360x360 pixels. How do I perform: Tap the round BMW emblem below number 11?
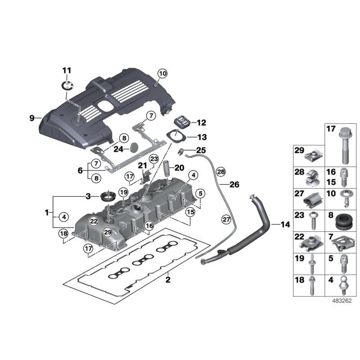pos(67,85)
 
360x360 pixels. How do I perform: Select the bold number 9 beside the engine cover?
pos(32,118)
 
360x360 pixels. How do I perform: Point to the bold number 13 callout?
pos(201,137)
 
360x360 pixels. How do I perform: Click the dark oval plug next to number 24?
pos(135,147)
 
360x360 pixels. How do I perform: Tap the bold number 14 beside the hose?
pos(285,224)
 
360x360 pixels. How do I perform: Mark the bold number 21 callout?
pos(142,165)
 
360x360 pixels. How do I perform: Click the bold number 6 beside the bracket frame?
pos(81,171)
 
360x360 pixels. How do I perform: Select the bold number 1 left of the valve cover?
pos(48,211)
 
